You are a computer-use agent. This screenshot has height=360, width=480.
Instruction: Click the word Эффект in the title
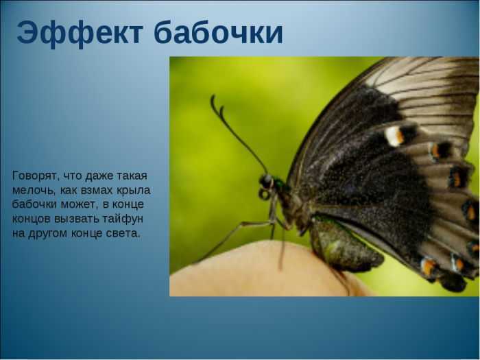click(80, 33)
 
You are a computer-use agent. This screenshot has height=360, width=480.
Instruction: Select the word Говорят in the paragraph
click(34, 176)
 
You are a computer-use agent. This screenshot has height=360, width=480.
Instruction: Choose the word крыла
click(134, 191)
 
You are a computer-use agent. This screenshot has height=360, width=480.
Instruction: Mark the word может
click(78, 204)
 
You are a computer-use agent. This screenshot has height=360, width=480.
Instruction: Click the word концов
click(32, 219)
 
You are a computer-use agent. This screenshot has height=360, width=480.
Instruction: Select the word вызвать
click(77, 219)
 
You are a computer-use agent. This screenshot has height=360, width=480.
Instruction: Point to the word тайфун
click(123, 219)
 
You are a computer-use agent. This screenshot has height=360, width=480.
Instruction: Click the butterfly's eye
click(266, 181)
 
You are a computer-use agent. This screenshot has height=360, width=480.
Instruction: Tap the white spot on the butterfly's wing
click(394, 136)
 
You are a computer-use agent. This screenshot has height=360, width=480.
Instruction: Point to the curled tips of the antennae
click(217, 106)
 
